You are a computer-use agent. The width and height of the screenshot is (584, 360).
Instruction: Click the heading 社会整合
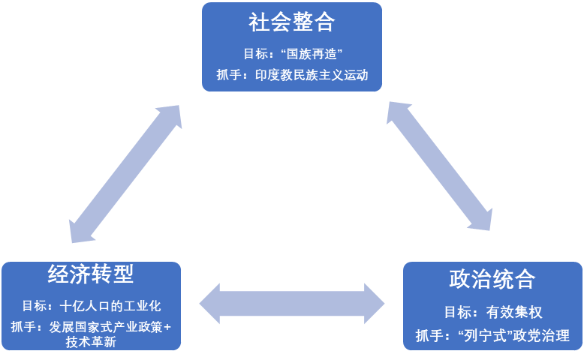tap(291, 22)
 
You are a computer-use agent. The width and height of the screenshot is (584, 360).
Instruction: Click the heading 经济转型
tap(91, 275)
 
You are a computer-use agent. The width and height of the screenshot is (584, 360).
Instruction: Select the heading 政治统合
tap(492, 280)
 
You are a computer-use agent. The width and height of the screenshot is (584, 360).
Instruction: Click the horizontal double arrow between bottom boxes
tap(292, 303)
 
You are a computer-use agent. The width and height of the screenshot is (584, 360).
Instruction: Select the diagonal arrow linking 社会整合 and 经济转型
tap(126, 174)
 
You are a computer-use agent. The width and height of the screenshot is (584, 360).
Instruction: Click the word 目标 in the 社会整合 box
tap(254, 54)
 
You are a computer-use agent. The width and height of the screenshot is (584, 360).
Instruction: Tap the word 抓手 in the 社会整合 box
tap(226, 76)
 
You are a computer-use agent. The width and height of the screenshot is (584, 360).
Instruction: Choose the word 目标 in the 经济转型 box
tap(33, 307)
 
